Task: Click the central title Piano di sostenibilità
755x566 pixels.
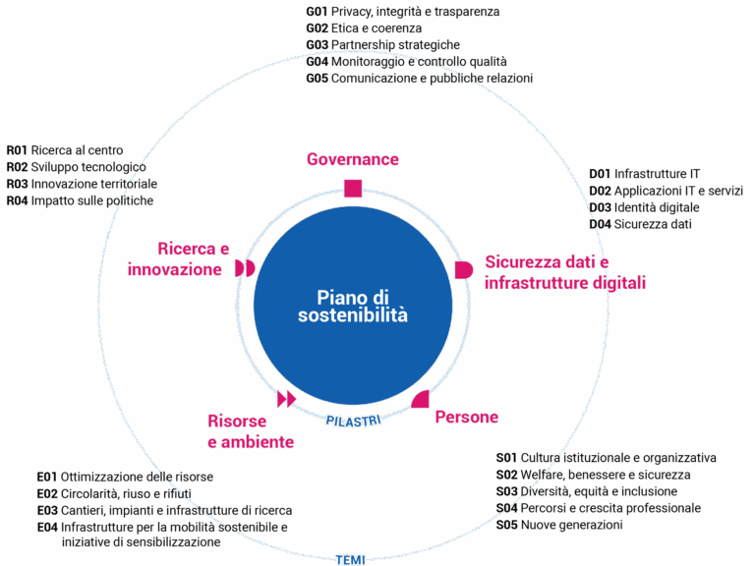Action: [352, 307]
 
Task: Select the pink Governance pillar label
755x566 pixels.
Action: [352, 159]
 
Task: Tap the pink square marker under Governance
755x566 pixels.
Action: [352, 188]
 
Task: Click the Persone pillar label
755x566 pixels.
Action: [466, 418]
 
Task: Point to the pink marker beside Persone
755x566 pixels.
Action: [421, 399]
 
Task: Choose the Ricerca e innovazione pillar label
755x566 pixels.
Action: [179, 258]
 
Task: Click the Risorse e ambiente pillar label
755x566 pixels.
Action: [250, 432]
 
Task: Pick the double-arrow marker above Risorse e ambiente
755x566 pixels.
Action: [286, 398]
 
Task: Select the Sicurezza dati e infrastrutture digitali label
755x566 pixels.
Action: [564, 272]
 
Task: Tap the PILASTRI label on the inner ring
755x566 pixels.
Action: [353, 420]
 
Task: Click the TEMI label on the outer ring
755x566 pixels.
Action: [350, 559]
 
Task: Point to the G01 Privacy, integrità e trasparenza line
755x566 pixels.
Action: [402, 12]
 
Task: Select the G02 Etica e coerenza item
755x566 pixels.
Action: [363, 28]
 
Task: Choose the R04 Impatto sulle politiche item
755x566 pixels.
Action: [79, 200]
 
